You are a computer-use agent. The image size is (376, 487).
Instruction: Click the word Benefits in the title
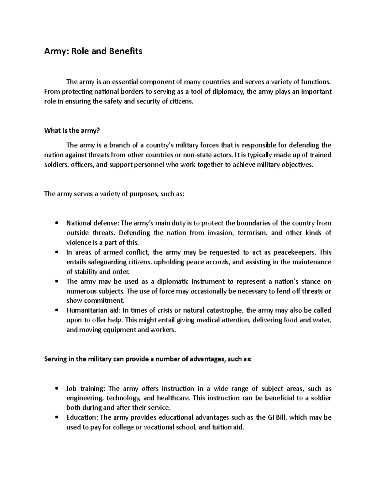125,51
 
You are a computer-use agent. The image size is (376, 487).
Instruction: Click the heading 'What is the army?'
69,131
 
